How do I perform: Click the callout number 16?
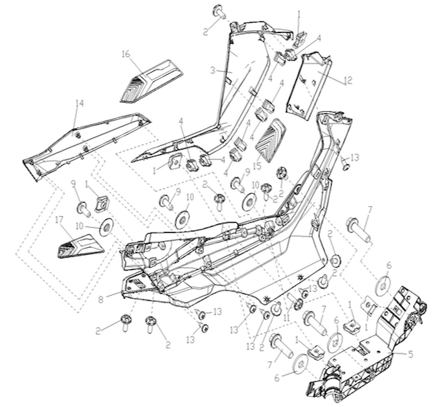tap(126, 54)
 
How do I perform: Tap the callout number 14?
tap(79, 103)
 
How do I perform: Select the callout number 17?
tap(59, 220)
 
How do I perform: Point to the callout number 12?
tap(348, 81)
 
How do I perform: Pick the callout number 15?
tap(257, 166)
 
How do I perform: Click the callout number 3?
tap(213, 71)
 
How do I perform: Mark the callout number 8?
tap(101, 299)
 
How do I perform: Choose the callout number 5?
tap(410, 354)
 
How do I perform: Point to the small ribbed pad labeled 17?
tap(81, 246)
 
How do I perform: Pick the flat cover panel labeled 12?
tap(308, 86)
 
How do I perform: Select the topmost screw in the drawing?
tap(220, 11)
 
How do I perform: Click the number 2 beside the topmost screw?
tap(206, 31)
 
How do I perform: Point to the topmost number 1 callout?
tap(299, 14)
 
